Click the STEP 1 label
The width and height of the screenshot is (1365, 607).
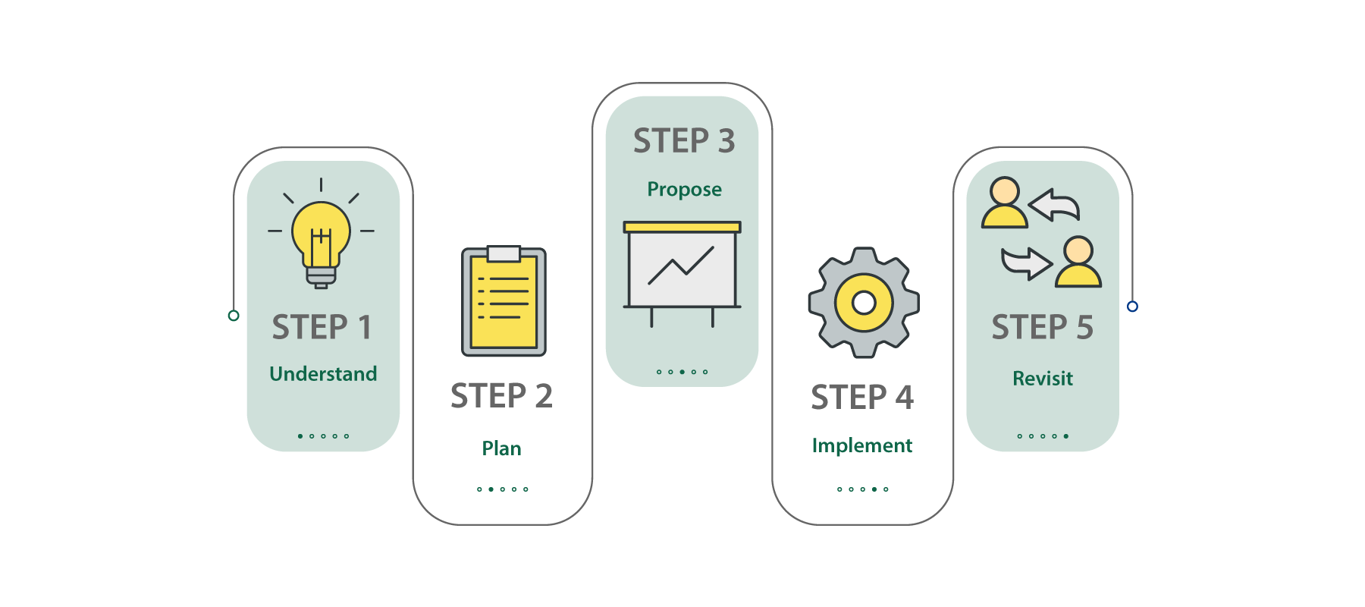pos(322,327)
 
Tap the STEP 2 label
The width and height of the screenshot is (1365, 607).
pos(501,396)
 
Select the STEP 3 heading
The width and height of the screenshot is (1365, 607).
pos(684,141)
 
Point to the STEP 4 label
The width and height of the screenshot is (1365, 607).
pos(862,398)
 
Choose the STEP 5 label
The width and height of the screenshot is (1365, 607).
pos(1042,327)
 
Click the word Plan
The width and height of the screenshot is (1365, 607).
pos(501,448)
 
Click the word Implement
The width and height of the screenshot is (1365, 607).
pos(862,445)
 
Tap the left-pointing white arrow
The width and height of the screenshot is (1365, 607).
pos(1055,205)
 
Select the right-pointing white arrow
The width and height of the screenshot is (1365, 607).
pos(1026,263)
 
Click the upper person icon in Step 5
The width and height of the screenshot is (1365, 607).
pos(1005,203)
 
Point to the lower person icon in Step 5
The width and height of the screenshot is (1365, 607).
pos(1078,262)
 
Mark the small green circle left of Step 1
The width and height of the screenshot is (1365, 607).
pos(234,316)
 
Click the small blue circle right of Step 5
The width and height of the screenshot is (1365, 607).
pos(1132,307)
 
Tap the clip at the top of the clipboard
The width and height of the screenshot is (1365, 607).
pos(504,253)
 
